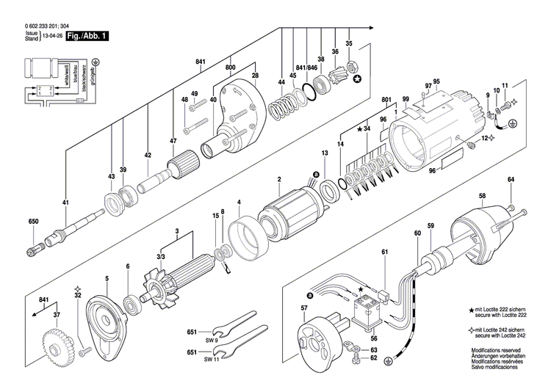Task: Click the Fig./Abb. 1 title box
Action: [x=87, y=34]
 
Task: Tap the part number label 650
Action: [x=33, y=222]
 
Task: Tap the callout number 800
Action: [x=231, y=67]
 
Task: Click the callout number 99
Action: [x=405, y=99]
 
